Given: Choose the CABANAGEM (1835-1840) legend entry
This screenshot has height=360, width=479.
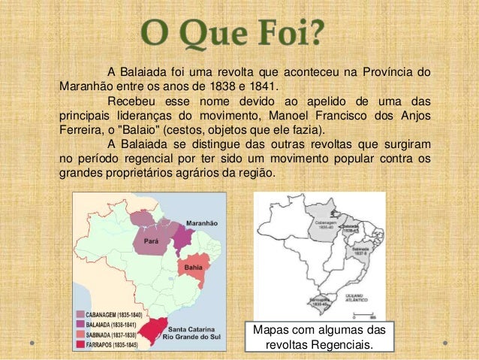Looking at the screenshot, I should pyautogui.click(x=113, y=314).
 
